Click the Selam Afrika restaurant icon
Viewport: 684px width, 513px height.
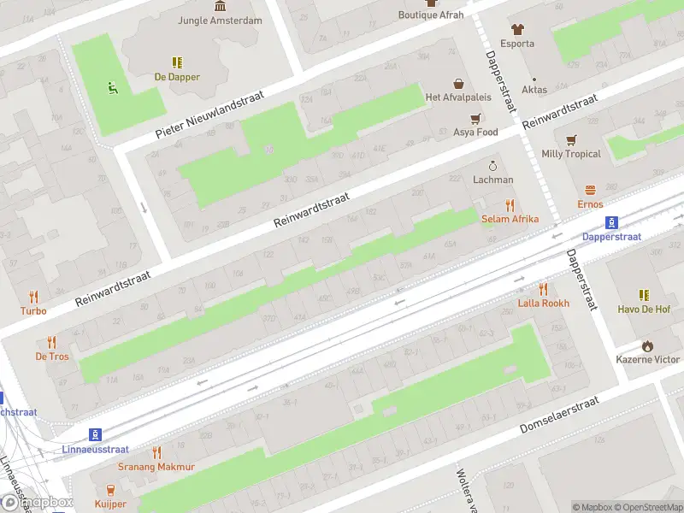tap(510, 205)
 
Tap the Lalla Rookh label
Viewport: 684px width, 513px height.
tap(543, 304)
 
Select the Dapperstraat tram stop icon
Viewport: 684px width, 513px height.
tap(612, 222)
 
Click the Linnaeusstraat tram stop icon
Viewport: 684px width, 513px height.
tap(96, 434)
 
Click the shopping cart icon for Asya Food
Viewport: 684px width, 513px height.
tap(476, 119)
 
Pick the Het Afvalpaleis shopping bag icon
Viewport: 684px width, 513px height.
tap(459, 84)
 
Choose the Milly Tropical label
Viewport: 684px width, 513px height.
tap(571, 154)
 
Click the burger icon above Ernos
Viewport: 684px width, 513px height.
tap(590, 191)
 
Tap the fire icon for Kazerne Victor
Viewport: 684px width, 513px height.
tap(648, 345)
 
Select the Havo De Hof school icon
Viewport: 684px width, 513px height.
tap(645, 295)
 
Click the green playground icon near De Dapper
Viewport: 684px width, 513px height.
tap(110, 86)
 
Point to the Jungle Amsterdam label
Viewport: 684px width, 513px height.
tap(220, 21)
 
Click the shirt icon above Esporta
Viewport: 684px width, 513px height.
tap(517, 29)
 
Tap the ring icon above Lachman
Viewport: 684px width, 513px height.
tap(492, 166)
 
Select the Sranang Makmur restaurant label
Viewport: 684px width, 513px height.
tap(156, 467)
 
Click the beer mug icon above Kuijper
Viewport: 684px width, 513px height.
tap(110, 490)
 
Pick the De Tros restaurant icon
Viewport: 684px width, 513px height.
tap(52, 342)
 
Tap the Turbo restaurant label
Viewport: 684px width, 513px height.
tap(34, 310)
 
